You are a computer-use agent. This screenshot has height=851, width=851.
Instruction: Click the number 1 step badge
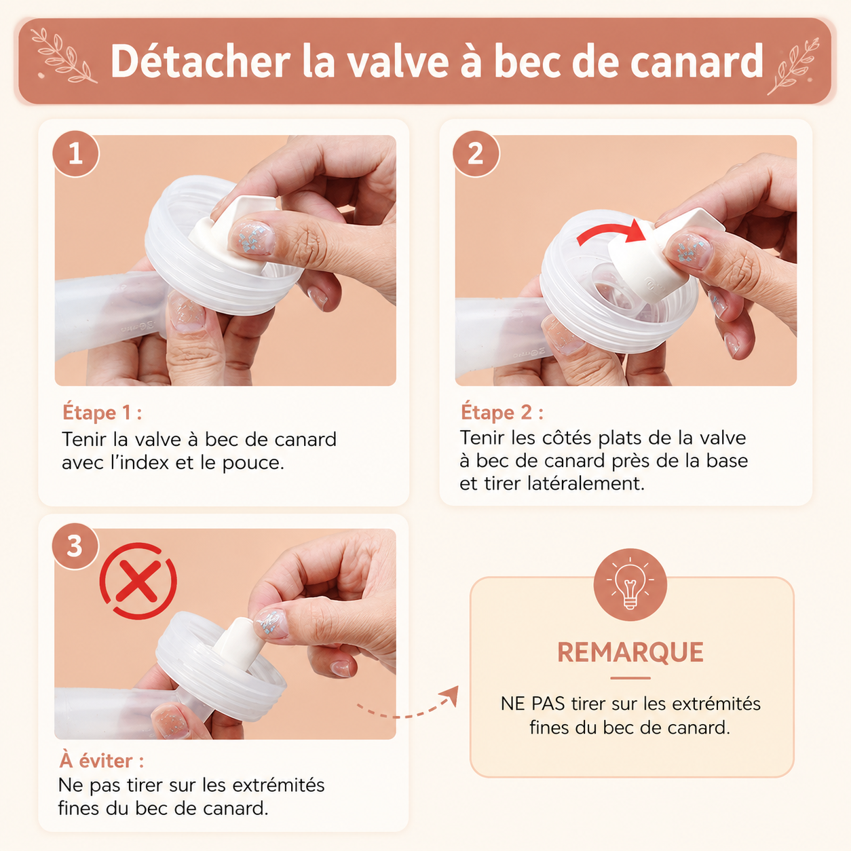pos(76,153)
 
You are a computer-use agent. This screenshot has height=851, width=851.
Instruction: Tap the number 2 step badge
pos(476,153)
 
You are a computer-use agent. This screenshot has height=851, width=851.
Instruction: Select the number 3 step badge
pos(75,546)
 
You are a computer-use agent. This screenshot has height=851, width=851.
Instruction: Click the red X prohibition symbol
pos(138,581)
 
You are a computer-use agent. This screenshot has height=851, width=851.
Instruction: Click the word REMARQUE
pos(630,652)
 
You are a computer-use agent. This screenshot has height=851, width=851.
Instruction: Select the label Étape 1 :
pos(102,413)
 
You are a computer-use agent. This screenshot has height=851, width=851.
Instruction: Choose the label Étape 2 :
pos(502,412)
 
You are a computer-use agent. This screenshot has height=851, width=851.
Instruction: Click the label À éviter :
pos(102,761)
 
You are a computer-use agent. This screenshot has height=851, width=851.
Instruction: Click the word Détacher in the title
pos(200,61)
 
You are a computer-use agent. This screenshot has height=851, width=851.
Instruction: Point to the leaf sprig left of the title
pos(64,56)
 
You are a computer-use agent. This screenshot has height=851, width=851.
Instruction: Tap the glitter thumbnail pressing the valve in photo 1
pos(252,238)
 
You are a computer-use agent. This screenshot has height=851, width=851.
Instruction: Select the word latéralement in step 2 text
pos(586,484)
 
